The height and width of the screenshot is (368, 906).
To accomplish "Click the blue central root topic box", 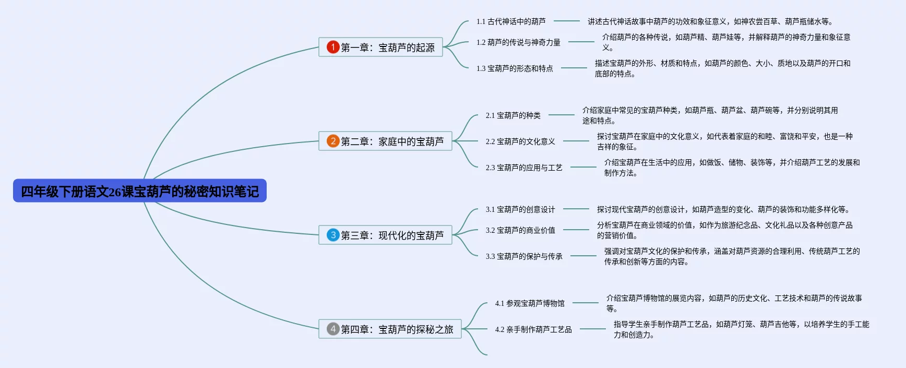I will [140, 191].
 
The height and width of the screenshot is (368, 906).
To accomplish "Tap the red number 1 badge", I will [333, 47].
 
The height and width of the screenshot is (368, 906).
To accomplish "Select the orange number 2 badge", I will [333, 141].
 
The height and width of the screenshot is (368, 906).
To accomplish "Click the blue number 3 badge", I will [333, 235].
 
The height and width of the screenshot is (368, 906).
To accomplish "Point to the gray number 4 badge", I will [333, 329].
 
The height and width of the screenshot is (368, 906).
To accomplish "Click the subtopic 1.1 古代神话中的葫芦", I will [510, 21].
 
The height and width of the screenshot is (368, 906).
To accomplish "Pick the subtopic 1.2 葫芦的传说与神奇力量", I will [518, 42].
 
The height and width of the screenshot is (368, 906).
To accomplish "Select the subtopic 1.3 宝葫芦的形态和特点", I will [515, 68].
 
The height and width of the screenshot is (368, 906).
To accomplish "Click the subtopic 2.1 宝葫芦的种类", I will [513, 115].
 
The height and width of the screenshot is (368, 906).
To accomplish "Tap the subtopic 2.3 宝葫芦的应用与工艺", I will [524, 168].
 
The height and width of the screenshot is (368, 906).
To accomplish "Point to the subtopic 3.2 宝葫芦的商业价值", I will [520, 230].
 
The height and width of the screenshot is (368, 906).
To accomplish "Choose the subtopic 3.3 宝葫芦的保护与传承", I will [524, 256].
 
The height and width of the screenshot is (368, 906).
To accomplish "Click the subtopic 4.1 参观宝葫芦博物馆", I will [530, 303].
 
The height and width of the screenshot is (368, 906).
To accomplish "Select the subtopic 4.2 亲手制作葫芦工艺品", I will [533, 329].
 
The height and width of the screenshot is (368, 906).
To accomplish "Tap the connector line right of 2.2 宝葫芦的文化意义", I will [576, 141].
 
